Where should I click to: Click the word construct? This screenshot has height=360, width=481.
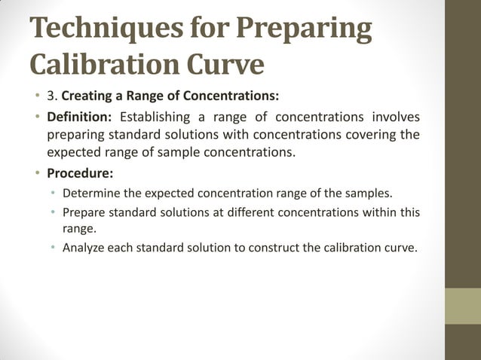[273, 248]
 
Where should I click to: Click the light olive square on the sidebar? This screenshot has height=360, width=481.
[463, 307]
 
